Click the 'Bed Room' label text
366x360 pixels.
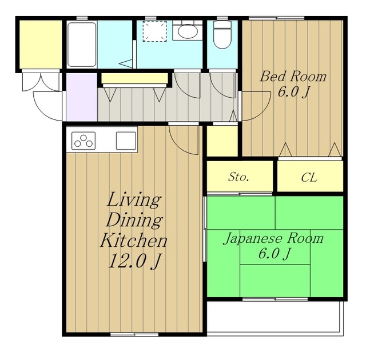[x=293, y=77]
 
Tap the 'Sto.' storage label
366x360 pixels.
[x=238, y=177]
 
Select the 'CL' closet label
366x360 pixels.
[x=309, y=177]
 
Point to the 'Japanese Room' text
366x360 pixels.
[x=273, y=238]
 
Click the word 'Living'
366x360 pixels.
[x=134, y=201]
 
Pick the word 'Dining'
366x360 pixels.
[x=134, y=220]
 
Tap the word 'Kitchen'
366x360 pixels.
[x=134, y=239]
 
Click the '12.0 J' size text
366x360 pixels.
[x=134, y=261]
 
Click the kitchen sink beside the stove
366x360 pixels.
[x=125, y=140]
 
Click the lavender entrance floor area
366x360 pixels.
[x=80, y=97]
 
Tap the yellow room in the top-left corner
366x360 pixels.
[x=39, y=45]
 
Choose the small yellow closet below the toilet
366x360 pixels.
[x=222, y=141]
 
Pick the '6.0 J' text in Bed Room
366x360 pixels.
[x=293, y=93]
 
